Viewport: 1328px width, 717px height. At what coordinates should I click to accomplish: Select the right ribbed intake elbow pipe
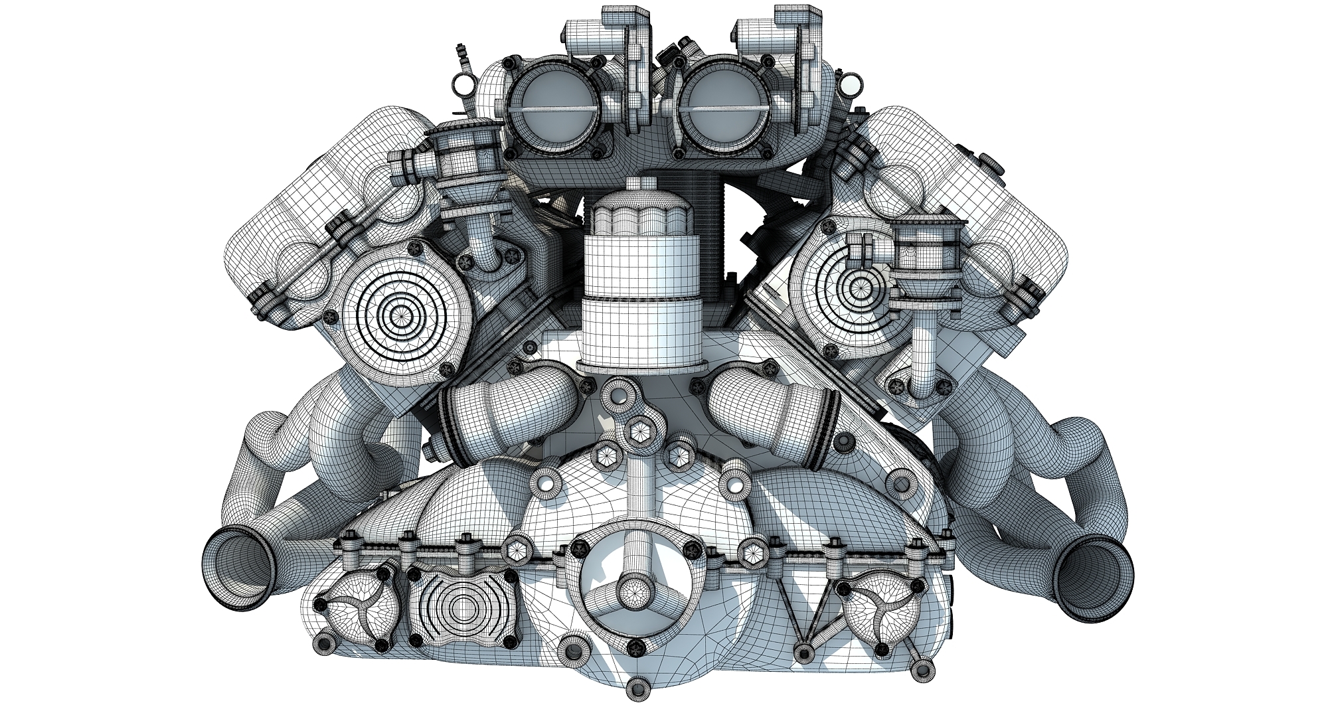pyautogui.click(x=767, y=407)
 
